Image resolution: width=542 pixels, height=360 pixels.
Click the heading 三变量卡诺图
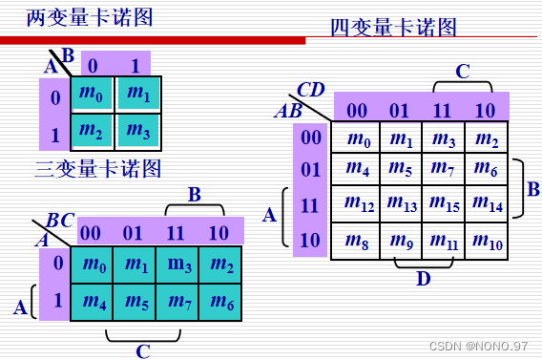tap(97, 169)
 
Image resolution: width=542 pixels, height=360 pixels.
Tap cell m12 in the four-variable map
tap(358, 202)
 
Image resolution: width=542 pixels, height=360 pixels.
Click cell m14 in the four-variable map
tap(487, 202)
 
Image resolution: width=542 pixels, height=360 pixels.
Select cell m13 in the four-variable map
tap(401, 202)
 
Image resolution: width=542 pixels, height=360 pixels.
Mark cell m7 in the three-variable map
tap(180, 303)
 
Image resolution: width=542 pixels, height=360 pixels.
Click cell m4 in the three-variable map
tap(94, 303)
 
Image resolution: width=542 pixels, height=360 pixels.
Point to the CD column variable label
tap(311, 90)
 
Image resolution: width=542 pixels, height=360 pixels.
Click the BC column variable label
tap(60, 221)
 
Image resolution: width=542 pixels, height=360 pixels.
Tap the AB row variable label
tap(288, 111)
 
